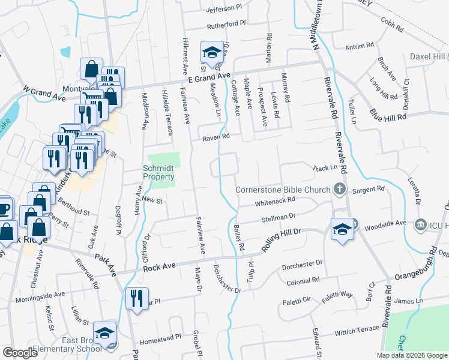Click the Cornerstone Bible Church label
(283, 190)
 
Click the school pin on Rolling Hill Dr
(342, 230)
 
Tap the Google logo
(20, 353)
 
